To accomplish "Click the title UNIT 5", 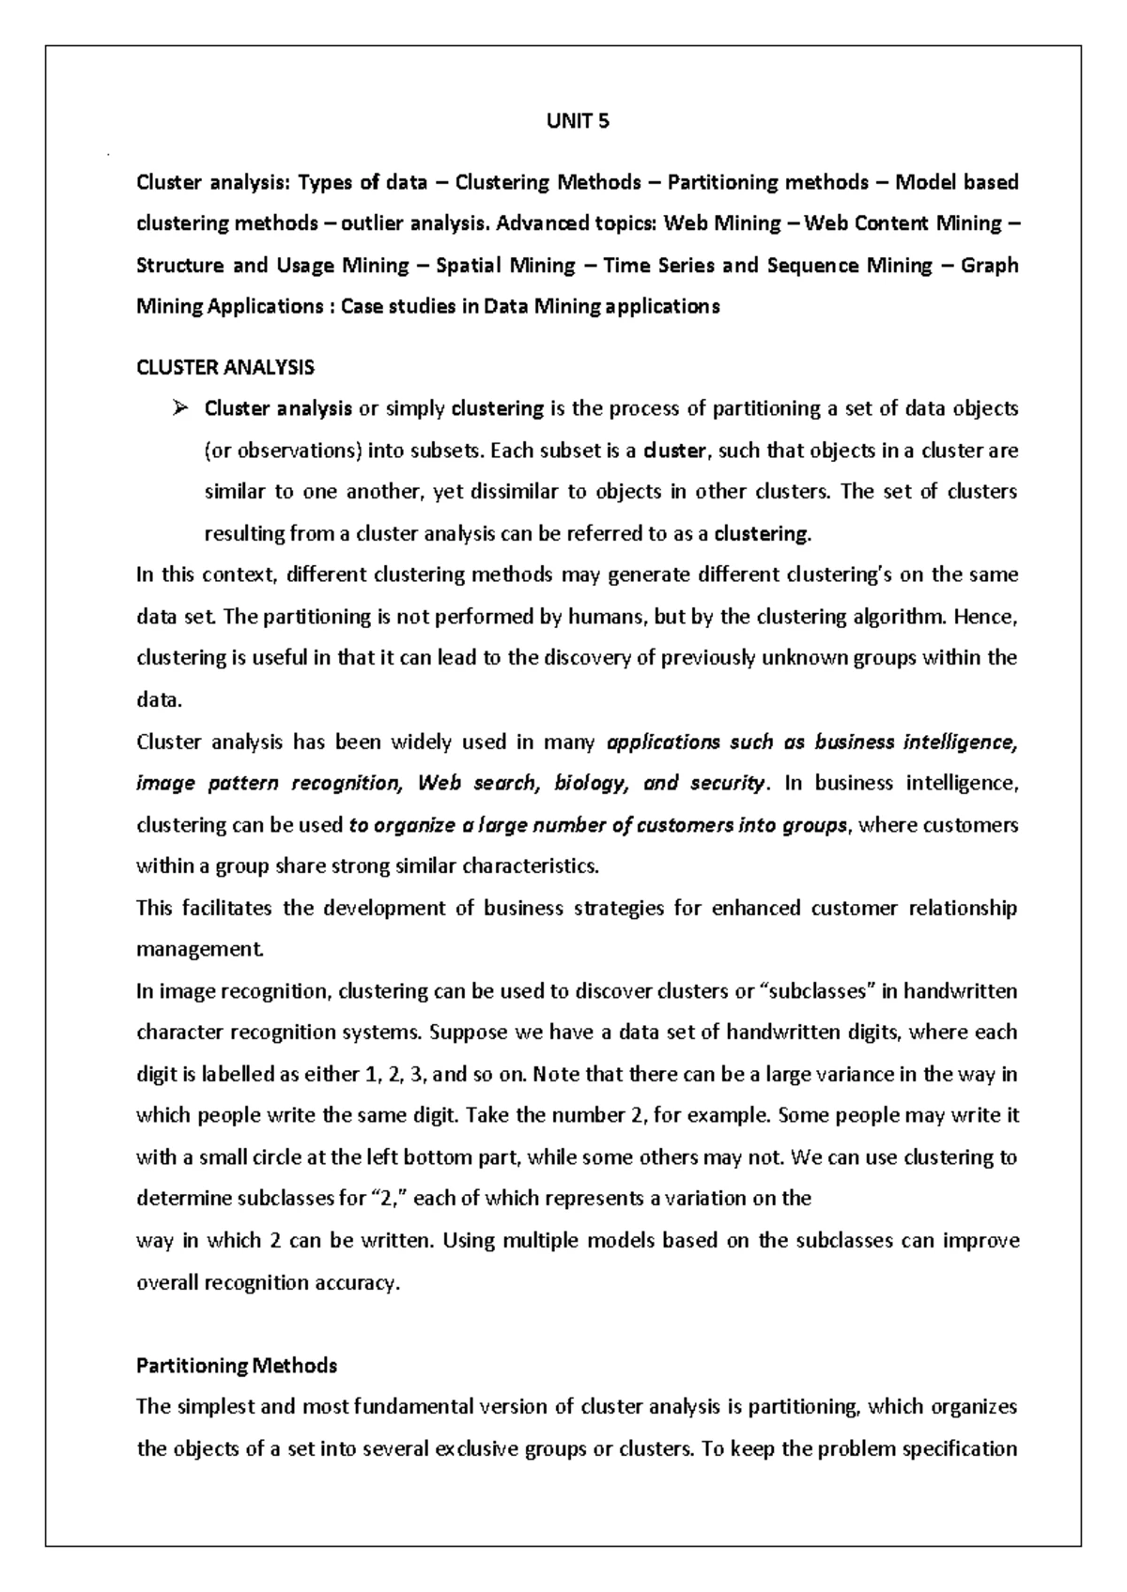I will click(x=578, y=121).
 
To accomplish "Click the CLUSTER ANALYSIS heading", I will click(x=225, y=367).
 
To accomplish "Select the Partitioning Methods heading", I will click(x=237, y=1365).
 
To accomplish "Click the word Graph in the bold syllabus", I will click(x=990, y=265).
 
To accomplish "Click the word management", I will click(x=200, y=949).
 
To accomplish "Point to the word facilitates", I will click(x=227, y=908).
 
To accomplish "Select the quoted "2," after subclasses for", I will click(x=390, y=1199).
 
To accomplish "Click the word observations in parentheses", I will click(x=298, y=451).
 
